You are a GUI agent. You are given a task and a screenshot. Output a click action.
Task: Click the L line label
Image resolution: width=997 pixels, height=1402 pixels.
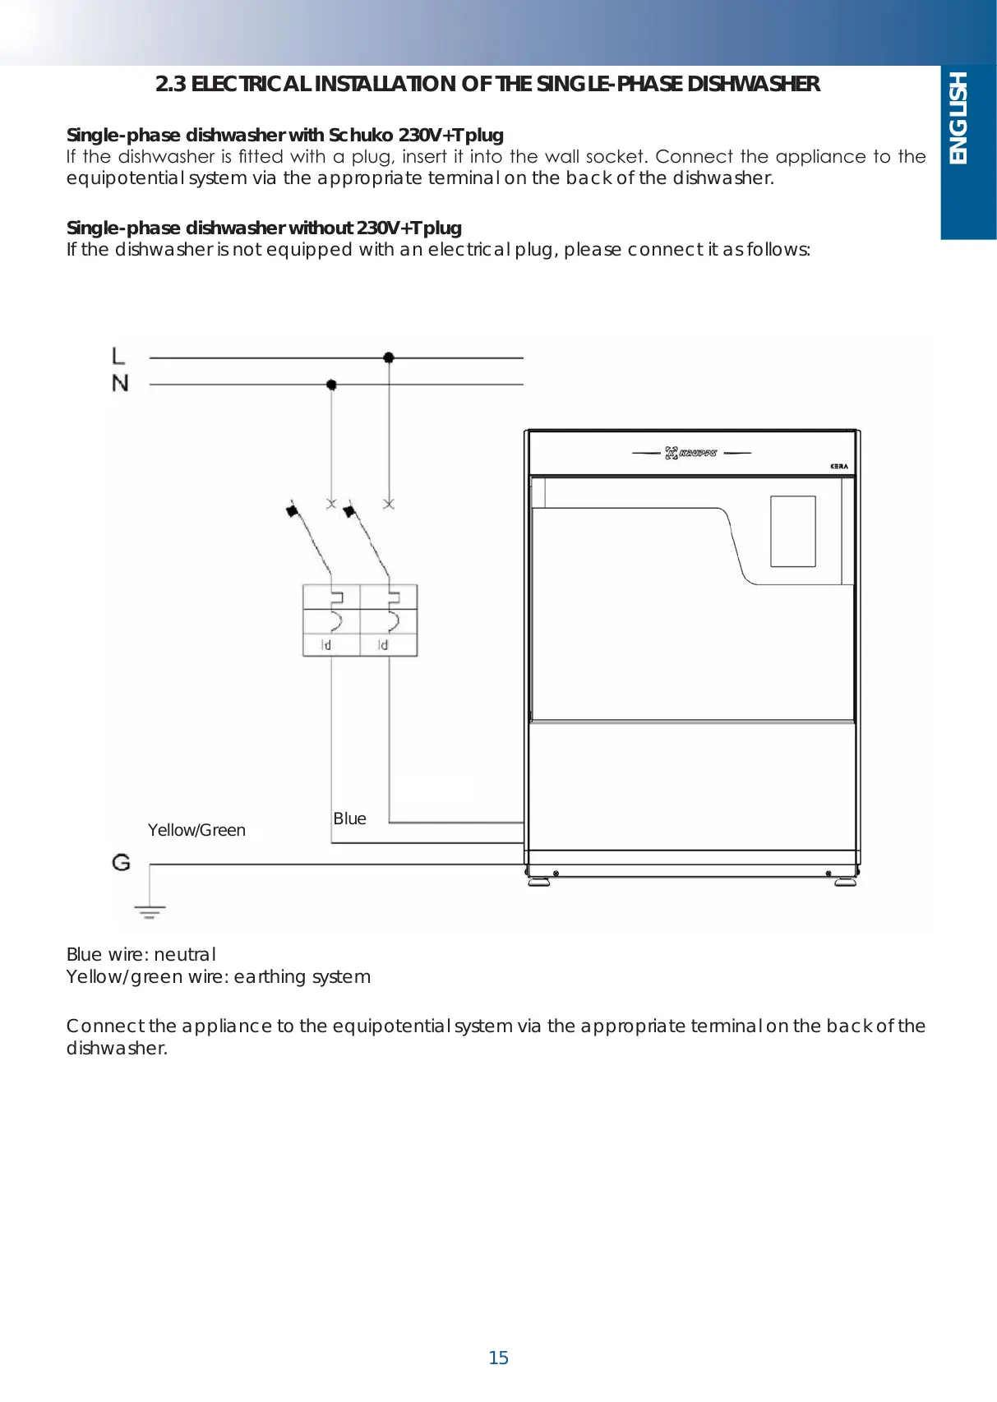(118, 356)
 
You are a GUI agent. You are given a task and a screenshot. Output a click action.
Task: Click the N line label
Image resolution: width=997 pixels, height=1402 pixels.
(120, 383)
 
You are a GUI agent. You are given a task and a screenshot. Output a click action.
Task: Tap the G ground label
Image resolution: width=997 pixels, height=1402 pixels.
(121, 862)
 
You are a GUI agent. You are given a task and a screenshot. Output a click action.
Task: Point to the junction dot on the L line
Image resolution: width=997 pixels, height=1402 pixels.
(389, 357)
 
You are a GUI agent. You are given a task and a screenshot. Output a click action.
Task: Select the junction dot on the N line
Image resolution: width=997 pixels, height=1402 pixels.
(331, 385)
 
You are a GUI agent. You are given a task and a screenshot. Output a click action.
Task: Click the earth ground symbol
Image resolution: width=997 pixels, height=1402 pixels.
(150, 911)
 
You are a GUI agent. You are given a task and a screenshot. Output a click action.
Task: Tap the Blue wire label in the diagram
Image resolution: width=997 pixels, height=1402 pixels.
(349, 819)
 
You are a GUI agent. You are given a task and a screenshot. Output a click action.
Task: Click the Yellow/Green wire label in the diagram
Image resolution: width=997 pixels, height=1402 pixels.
(196, 830)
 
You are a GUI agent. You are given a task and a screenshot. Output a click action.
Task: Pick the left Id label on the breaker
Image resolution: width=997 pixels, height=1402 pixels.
(326, 645)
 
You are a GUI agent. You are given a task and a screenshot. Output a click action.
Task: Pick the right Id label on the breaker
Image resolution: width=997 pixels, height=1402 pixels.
(383, 645)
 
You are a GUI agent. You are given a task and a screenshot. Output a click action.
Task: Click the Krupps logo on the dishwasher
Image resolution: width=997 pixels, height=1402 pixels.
(690, 453)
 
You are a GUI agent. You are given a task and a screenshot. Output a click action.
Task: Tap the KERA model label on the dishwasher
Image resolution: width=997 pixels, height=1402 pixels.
(838, 466)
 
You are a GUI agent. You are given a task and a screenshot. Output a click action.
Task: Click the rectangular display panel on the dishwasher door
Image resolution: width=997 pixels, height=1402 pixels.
(792, 531)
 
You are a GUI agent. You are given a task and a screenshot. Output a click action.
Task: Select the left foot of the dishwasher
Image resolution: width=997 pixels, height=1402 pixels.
(539, 882)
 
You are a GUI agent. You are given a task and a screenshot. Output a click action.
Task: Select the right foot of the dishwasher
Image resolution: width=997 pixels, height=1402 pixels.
(845, 882)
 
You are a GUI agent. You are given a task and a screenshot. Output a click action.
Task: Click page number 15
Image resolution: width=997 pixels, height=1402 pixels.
(498, 1358)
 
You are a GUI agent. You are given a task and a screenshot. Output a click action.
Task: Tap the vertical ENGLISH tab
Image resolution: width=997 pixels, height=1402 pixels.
(958, 118)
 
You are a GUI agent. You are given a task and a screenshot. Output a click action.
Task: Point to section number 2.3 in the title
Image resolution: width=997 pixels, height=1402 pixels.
(170, 84)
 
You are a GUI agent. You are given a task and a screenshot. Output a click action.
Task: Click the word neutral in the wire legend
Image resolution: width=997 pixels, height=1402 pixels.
(185, 954)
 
